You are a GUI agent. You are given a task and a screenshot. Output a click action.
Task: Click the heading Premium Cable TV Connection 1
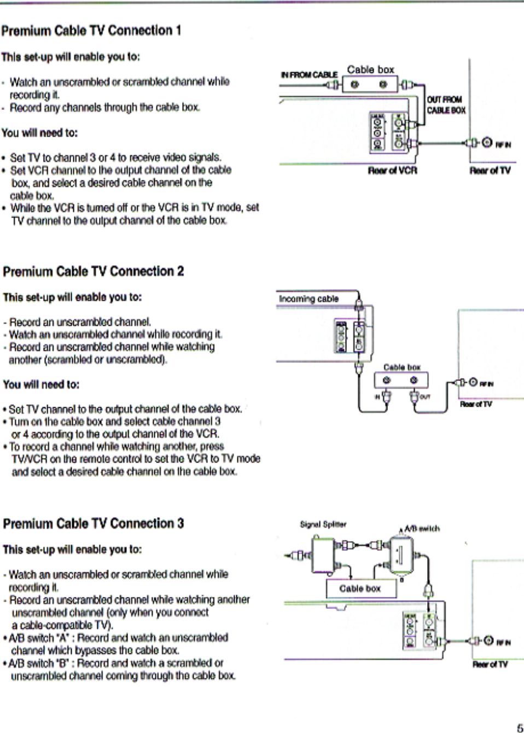pos(91,31)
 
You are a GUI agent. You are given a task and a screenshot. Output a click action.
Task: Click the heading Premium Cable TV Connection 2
pos(94,271)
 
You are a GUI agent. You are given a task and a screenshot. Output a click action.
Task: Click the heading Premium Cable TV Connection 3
pos(94,523)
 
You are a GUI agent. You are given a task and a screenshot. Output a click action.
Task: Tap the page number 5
pos(519,727)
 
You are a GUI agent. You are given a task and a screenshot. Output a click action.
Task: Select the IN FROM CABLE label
pos(309,74)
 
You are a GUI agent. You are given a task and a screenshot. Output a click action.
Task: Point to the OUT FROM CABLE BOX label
pos(446,104)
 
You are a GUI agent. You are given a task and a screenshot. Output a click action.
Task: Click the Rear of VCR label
pos(392,171)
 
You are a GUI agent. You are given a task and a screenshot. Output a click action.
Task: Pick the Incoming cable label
pos(308,299)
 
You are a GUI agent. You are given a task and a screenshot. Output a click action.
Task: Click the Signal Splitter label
pos(323,525)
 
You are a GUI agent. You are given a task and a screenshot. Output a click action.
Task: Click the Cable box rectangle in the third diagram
pos(360,589)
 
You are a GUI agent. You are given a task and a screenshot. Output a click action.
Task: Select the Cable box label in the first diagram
pos(370,70)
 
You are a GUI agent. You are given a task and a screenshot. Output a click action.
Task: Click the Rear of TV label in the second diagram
pos(475,404)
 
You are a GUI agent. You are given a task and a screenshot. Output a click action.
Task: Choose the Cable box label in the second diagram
pos(401,367)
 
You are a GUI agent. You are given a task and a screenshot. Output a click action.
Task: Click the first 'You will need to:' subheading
pos(39,133)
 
